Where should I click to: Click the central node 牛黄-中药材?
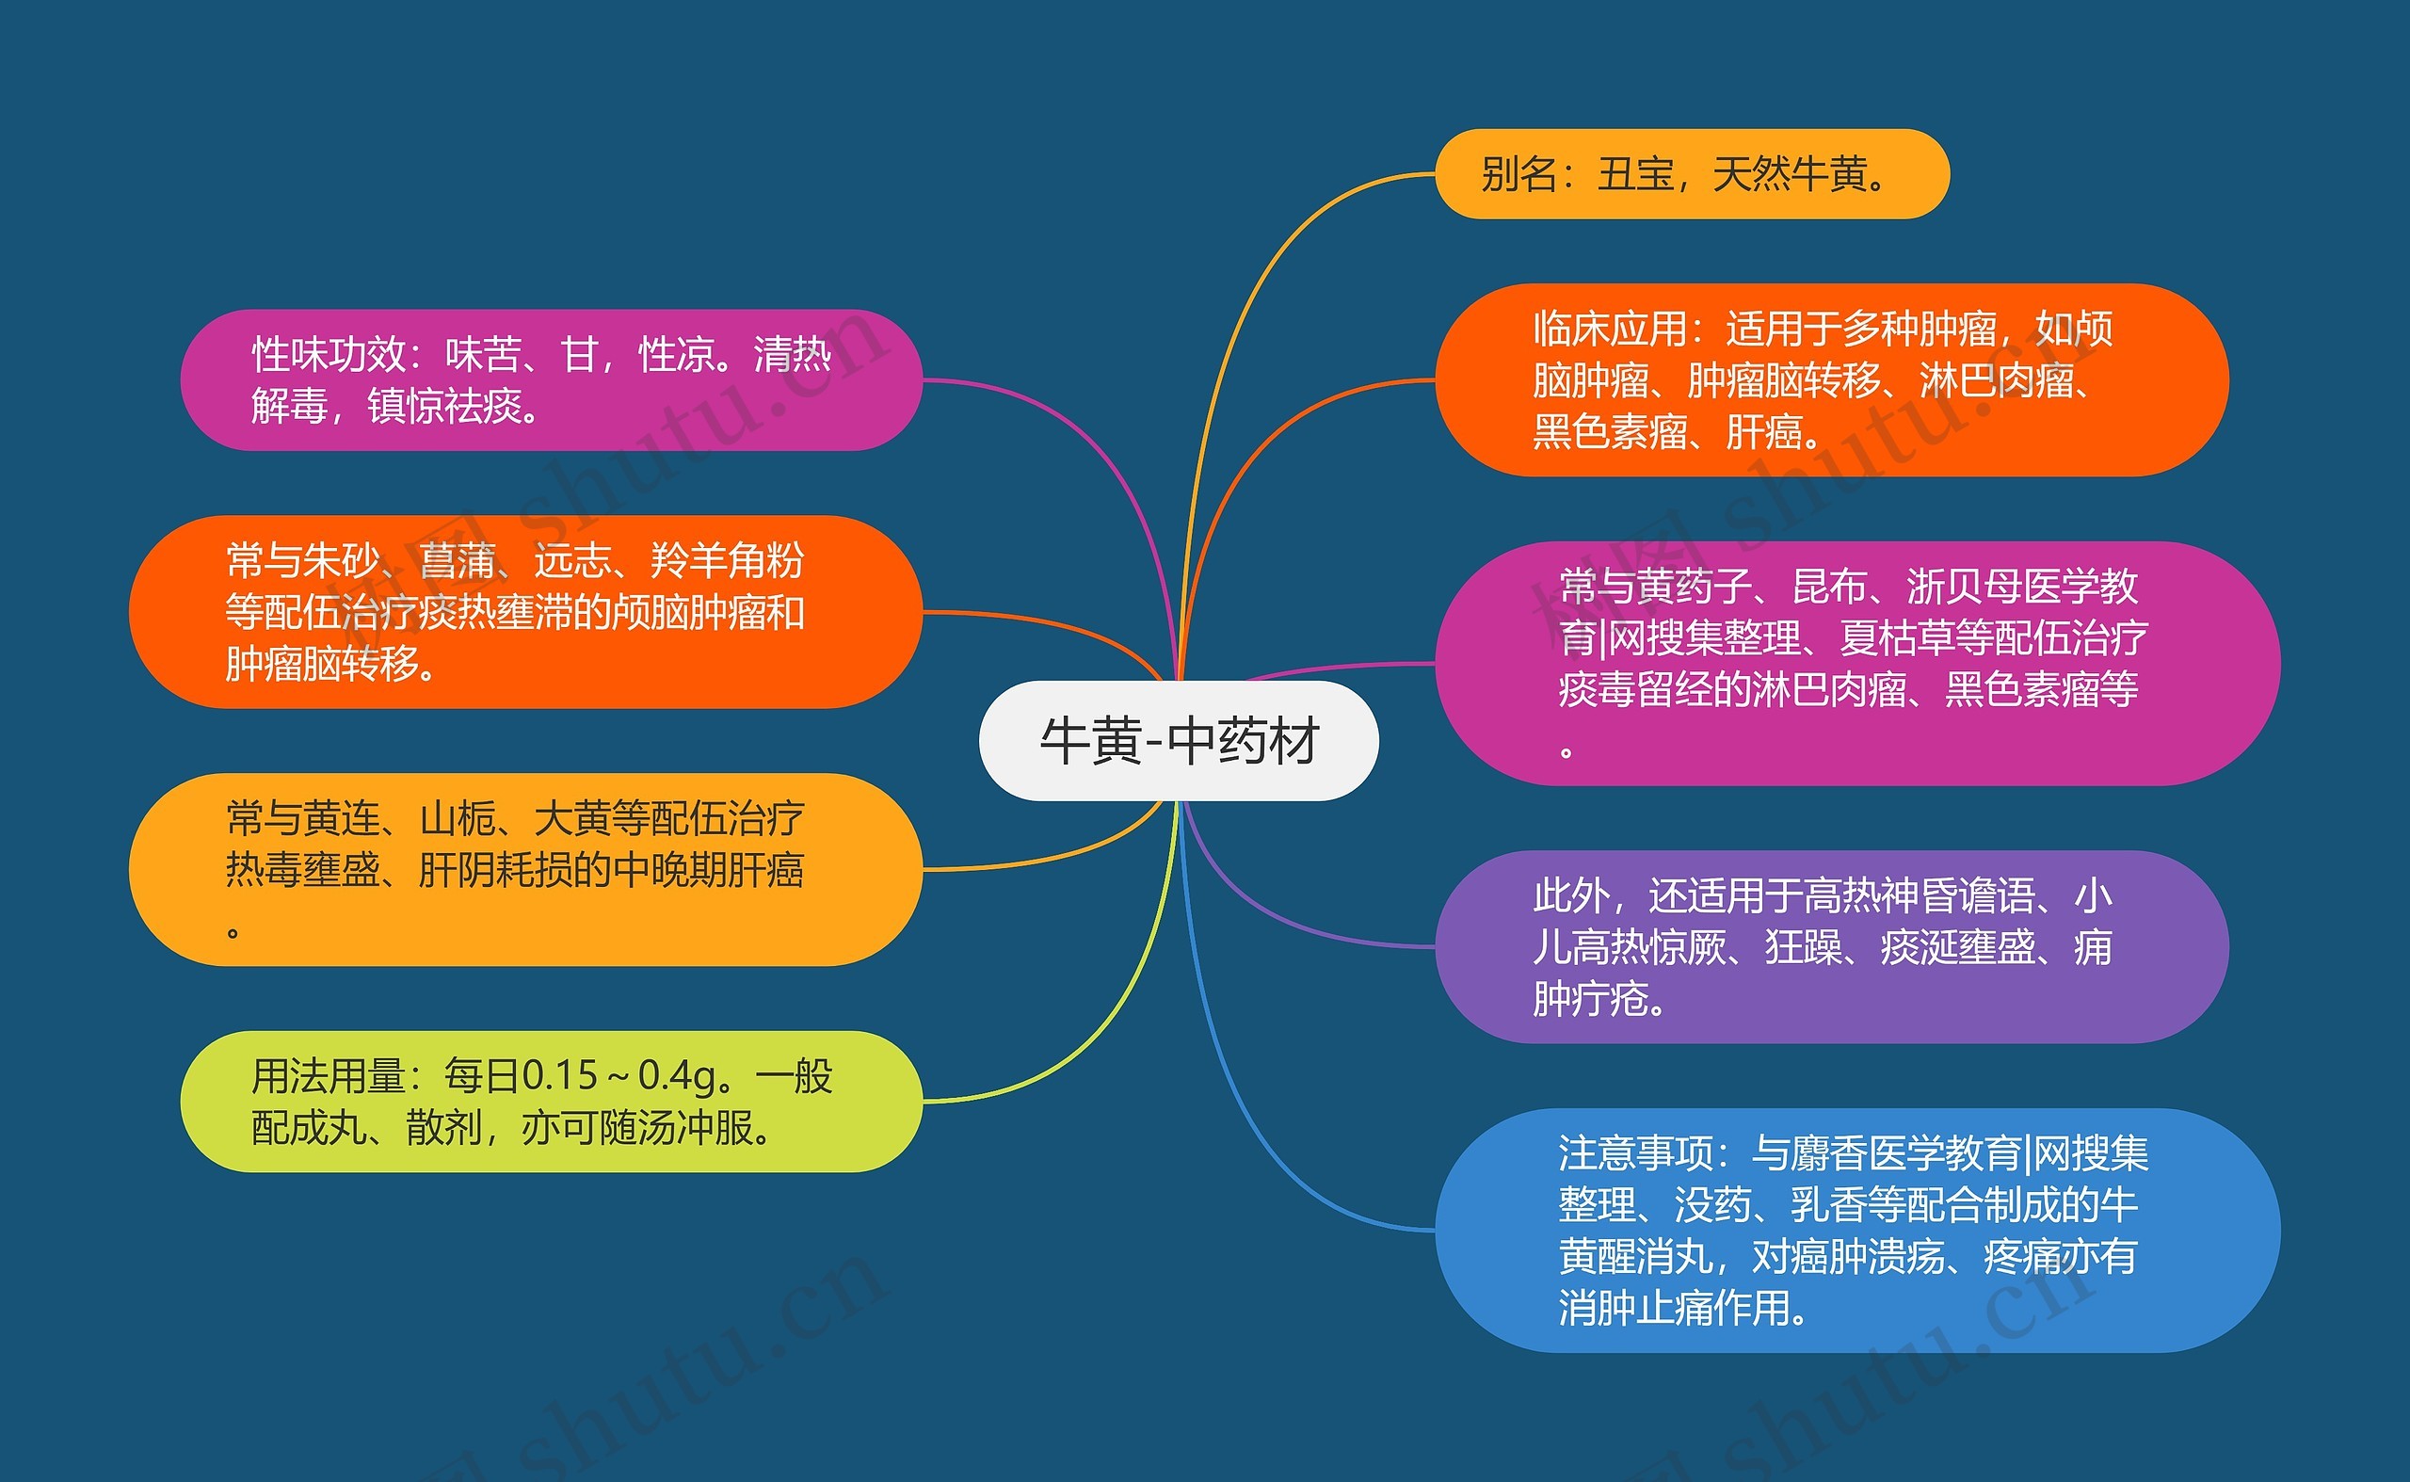pyautogui.click(x=1178, y=740)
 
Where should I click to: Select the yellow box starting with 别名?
pyautogui.click(x=1692, y=174)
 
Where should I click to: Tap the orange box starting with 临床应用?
pyautogui.click(x=1832, y=380)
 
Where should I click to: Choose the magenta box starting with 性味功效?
pyautogui.click(x=552, y=380)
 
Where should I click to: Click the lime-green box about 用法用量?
pyautogui.click(x=552, y=1102)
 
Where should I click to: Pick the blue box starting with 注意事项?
pyautogui.click(x=1857, y=1230)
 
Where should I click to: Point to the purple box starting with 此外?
pyautogui.click(x=1832, y=947)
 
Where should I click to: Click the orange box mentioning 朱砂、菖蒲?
pyautogui.click(x=526, y=612)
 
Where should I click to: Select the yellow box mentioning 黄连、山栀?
pyautogui.click(x=526, y=869)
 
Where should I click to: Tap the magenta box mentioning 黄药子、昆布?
pyautogui.click(x=1857, y=664)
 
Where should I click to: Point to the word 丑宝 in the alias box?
pyautogui.click(x=1636, y=174)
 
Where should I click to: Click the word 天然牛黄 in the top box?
pyautogui.click(x=1790, y=174)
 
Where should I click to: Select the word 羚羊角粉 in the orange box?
pyautogui.click(x=727, y=560)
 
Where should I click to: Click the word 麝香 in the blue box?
pyautogui.click(x=1829, y=1152)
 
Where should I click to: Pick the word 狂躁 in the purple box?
pyautogui.click(x=1804, y=948)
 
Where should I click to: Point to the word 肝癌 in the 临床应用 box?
pyautogui.click(x=1764, y=431)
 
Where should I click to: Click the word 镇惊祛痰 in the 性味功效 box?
pyautogui.click(x=445, y=406)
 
